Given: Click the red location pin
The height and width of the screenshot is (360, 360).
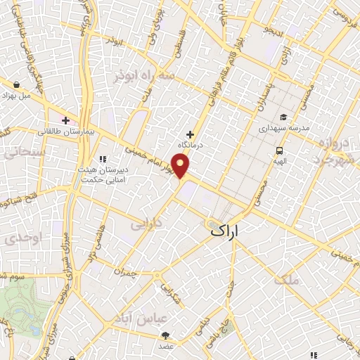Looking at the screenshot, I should point(181,166).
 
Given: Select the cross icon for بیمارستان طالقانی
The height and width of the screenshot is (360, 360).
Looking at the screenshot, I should point(67,121).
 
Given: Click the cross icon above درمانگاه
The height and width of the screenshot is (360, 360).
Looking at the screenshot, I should point(189,134).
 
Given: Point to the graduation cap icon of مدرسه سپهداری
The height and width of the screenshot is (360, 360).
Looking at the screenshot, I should point(283,117).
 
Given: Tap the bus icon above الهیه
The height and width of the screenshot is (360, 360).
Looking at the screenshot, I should point(280,150).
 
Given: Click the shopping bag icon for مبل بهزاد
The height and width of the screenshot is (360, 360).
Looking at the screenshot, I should point(15,85).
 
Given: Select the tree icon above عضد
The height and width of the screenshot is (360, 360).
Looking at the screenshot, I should point(165,335).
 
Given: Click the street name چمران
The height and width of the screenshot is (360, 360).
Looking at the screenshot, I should point(123,270).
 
